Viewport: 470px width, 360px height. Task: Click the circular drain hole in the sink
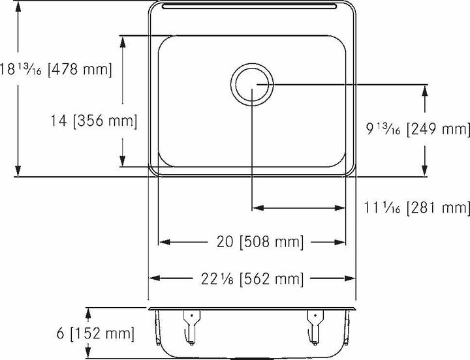(253, 85)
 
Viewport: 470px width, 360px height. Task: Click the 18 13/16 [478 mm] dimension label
(56, 68)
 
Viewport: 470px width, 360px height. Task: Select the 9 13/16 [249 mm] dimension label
(417, 130)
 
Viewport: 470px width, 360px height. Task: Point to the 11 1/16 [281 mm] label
(417, 208)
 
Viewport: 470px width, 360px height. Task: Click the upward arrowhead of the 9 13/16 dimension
(426, 92)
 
